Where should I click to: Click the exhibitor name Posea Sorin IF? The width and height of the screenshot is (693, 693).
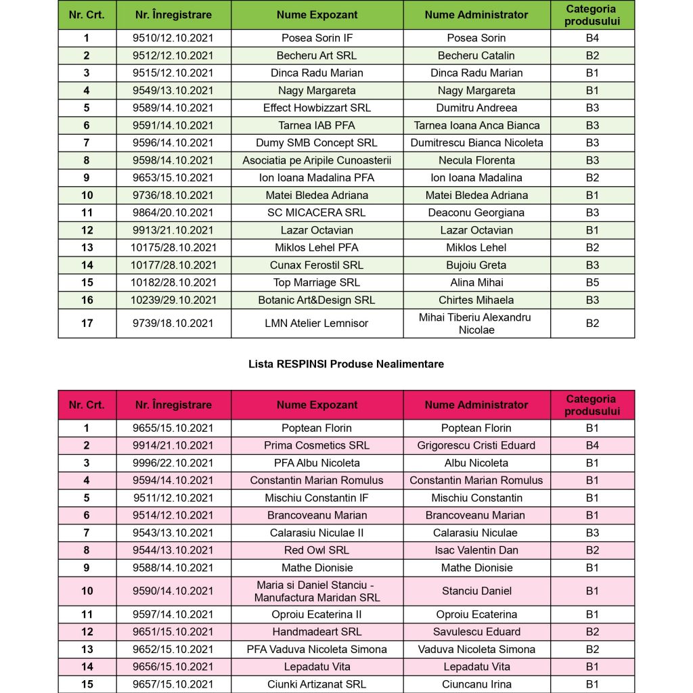(317, 38)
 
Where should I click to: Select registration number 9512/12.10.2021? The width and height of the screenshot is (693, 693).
(173, 55)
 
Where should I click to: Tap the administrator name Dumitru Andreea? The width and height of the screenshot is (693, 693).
(476, 108)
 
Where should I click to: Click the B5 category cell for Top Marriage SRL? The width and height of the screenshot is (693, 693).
(592, 282)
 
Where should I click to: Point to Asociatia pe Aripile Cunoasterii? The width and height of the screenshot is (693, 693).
(317, 160)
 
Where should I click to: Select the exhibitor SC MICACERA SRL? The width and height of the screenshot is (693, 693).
(317, 213)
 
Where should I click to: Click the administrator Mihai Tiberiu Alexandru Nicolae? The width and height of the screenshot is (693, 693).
(476, 323)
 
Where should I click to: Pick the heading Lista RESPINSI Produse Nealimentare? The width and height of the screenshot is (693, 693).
(346, 364)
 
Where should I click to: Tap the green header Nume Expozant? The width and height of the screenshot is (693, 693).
(317, 15)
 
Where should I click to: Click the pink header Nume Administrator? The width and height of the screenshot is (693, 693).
(476, 405)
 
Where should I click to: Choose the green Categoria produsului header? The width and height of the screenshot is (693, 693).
(592, 15)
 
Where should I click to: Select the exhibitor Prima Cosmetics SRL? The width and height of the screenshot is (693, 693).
(317, 445)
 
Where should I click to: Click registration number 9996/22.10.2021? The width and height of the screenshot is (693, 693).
(173, 463)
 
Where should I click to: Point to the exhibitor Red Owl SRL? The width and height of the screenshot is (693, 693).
(317, 550)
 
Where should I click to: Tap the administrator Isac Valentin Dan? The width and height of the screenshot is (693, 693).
(476, 550)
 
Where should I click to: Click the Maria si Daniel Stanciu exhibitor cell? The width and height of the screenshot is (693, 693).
(317, 591)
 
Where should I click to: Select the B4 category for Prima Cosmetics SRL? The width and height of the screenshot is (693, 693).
(592, 445)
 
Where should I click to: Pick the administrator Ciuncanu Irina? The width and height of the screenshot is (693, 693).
(476, 684)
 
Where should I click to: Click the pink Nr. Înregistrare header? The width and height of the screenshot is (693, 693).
(173, 405)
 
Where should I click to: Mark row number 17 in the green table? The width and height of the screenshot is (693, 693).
(87, 323)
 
